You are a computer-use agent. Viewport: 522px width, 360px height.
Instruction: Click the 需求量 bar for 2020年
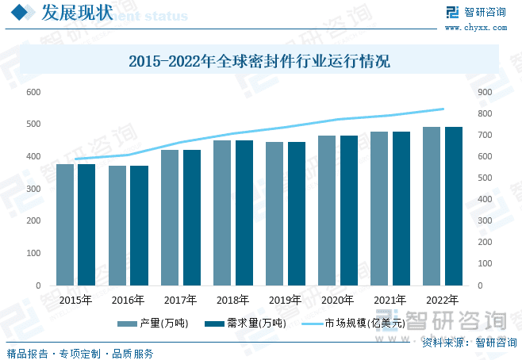348,210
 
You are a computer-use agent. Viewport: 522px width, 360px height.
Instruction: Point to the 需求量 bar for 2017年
191,217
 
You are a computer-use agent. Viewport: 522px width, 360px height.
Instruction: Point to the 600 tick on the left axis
33,92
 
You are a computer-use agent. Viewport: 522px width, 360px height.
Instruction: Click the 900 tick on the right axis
484,92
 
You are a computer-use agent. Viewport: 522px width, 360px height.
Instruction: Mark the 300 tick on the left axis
33,189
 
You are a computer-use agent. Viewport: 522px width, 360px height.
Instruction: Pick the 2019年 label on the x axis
285,301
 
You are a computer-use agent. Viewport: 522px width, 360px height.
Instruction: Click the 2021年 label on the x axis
390,301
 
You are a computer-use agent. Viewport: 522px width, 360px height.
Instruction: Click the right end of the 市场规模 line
443,109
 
